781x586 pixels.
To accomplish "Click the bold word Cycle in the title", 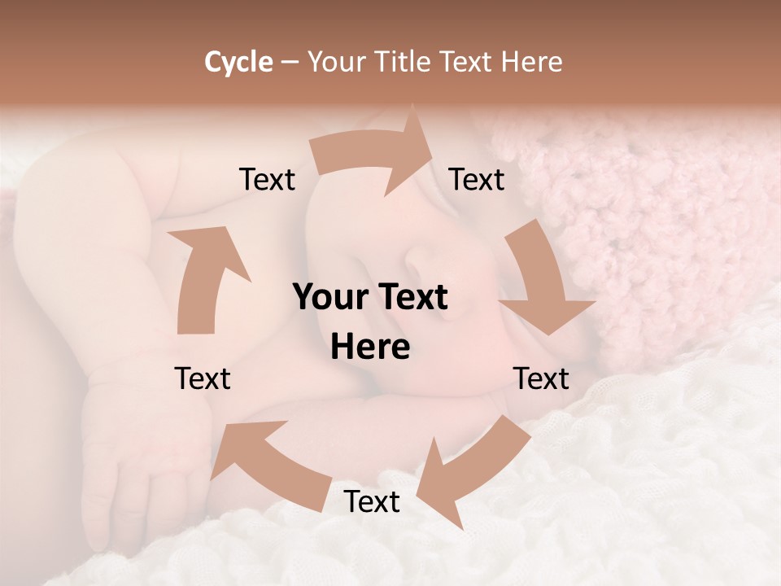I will tap(238, 62).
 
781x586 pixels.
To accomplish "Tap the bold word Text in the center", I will tap(412, 297).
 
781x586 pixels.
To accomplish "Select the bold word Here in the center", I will tap(370, 348).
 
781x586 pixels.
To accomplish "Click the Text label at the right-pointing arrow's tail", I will tap(267, 179).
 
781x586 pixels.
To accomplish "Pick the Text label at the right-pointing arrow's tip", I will tap(477, 179).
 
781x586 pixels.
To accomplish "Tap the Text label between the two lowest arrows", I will tap(372, 501).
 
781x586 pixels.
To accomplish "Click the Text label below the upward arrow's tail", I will tap(203, 378).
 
